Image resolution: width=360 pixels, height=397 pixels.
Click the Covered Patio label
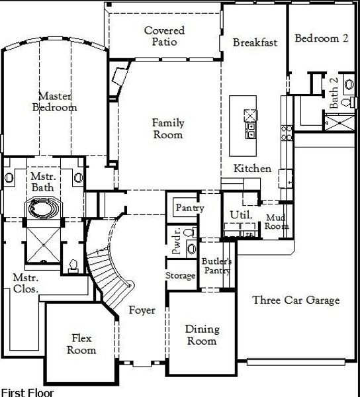pos(164,36)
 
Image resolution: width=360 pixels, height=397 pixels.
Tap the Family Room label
pos(168,128)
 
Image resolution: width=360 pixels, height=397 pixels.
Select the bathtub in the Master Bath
pos(43,208)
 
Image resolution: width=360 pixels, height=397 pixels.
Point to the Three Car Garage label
pos(296,300)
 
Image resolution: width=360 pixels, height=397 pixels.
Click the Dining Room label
pos(202,335)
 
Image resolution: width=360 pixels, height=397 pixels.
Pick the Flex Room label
pos(81,344)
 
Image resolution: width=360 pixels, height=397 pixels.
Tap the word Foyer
pos(142,310)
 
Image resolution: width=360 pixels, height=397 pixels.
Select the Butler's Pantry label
pos(216,266)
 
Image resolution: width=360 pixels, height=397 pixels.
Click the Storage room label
pos(180,276)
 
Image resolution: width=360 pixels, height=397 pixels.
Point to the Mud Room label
pos(276,222)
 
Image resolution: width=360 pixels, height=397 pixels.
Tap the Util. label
pos(242,214)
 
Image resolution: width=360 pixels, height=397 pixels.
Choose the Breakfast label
pos(255,42)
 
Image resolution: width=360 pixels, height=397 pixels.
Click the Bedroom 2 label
pos(322,38)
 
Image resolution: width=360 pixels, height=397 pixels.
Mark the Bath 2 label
pos(334,93)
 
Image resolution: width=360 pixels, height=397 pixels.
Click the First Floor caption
pos(27,392)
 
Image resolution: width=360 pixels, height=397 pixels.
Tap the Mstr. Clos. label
pos(26,283)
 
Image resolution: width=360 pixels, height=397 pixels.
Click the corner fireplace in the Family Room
pos(120,76)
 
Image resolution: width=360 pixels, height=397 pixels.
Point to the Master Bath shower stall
pos(43,245)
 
